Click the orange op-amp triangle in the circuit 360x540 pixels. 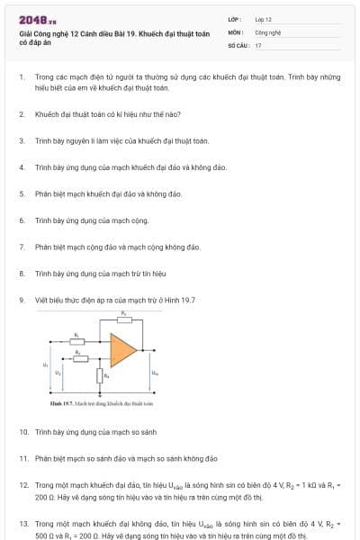[122, 348]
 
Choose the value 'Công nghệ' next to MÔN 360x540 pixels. [269, 31]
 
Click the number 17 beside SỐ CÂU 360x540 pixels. [258, 44]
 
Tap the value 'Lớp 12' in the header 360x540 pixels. [264, 18]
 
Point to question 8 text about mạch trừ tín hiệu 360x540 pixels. [101, 273]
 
